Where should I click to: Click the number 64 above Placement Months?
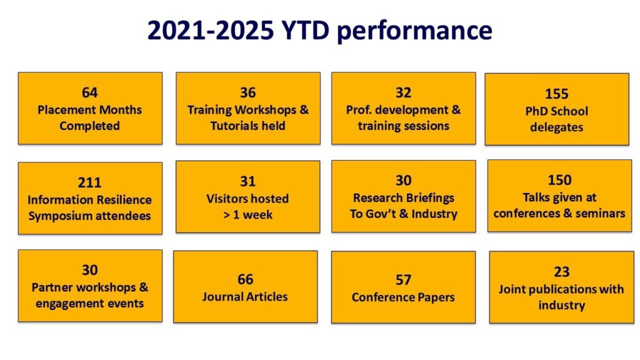[89, 92]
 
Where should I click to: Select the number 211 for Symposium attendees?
[89, 182]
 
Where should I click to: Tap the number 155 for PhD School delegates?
[557, 94]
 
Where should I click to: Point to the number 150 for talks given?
[559, 180]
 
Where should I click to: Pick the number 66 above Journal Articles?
[245, 279]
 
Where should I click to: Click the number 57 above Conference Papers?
[403, 279]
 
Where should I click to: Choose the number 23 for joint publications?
[562, 272]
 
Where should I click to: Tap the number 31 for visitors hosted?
[247, 181]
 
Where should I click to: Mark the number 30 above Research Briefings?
[403, 181]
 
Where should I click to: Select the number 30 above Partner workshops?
[90, 270]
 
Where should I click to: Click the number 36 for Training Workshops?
[247, 92]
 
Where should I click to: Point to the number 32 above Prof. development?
[403, 92]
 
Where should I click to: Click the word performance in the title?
[415, 31]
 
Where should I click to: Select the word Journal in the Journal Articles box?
[221, 297]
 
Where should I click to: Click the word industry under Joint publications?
[562, 305]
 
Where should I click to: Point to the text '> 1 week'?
[247, 215]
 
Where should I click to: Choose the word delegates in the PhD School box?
[557, 127]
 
